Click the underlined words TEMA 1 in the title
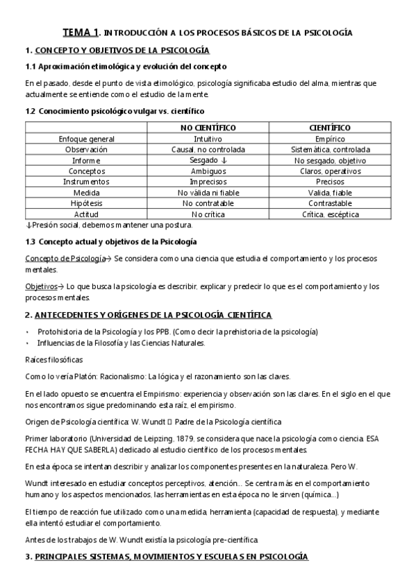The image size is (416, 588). click(81, 32)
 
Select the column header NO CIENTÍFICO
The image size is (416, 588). click(208, 128)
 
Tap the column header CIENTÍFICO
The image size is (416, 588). click(329, 128)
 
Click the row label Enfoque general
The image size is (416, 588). click(87, 139)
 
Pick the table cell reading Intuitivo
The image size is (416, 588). click(208, 139)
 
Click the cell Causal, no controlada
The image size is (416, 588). click(208, 149)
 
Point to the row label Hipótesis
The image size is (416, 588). click(87, 203)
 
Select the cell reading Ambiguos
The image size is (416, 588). click(208, 171)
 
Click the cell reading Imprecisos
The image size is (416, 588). click(208, 182)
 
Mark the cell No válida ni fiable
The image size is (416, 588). click(208, 193)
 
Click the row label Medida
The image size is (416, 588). click(87, 193)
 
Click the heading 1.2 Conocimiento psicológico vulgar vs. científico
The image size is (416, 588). click(115, 110)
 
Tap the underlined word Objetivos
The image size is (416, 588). click(40, 286)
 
